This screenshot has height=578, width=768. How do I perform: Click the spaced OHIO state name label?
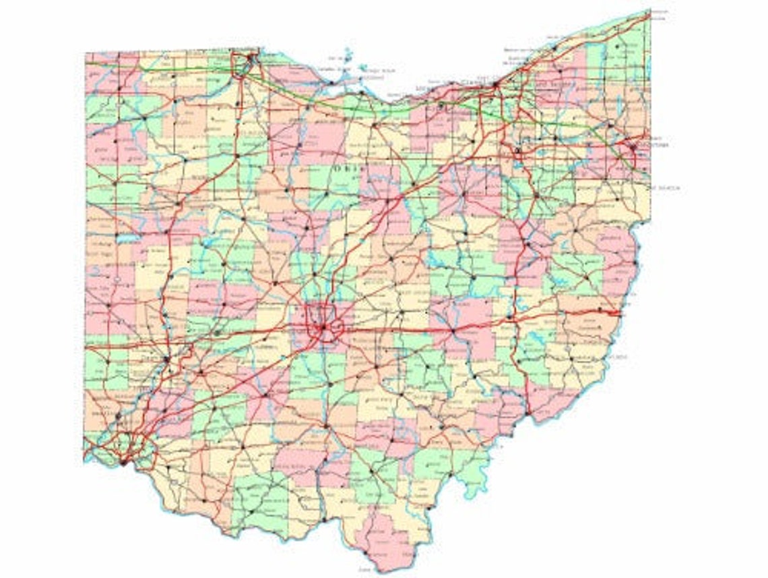pyautogui.click(x=351, y=169)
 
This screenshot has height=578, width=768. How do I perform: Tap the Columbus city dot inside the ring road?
pyautogui.click(x=323, y=328)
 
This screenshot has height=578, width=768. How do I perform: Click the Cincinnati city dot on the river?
pyautogui.click(x=123, y=462)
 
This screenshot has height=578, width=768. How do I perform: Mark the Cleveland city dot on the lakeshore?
pyautogui.click(x=495, y=86)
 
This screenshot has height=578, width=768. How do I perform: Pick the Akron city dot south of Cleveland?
pyautogui.click(x=517, y=150)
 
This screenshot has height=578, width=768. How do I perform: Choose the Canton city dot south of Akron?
pyautogui.click(x=536, y=196)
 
